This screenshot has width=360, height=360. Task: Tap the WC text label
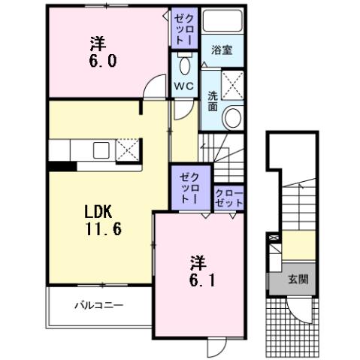tap(185, 86)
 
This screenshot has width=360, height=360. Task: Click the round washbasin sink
tap(233, 117)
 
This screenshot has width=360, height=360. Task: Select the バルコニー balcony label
tap(98, 306)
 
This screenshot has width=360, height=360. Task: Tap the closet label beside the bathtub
tap(185, 28)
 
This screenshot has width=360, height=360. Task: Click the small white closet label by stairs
tap(228, 198)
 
